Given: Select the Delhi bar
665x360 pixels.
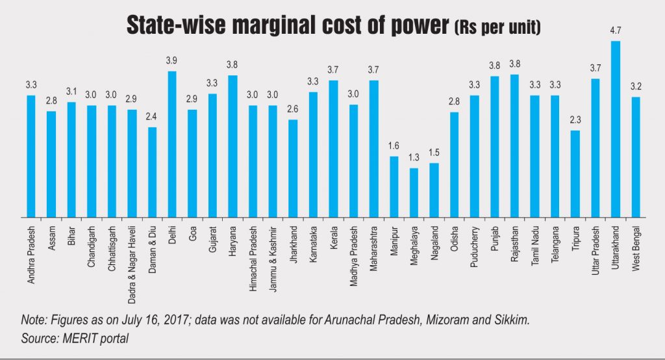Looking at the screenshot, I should click(x=172, y=144).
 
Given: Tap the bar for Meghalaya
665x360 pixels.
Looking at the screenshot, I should click(x=414, y=192).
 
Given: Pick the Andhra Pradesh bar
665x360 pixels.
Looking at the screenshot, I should click(x=31, y=156).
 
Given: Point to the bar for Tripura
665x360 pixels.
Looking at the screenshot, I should click(x=575, y=174).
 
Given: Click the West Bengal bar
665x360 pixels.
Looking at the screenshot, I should click(x=636, y=157).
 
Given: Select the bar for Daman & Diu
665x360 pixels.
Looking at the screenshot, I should click(x=152, y=172).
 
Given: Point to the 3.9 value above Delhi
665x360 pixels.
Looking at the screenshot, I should click(x=172, y=60).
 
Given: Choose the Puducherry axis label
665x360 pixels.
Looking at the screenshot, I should click(x=475, y=248).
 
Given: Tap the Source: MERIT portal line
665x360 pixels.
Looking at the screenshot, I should click(x=76, y=339).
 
